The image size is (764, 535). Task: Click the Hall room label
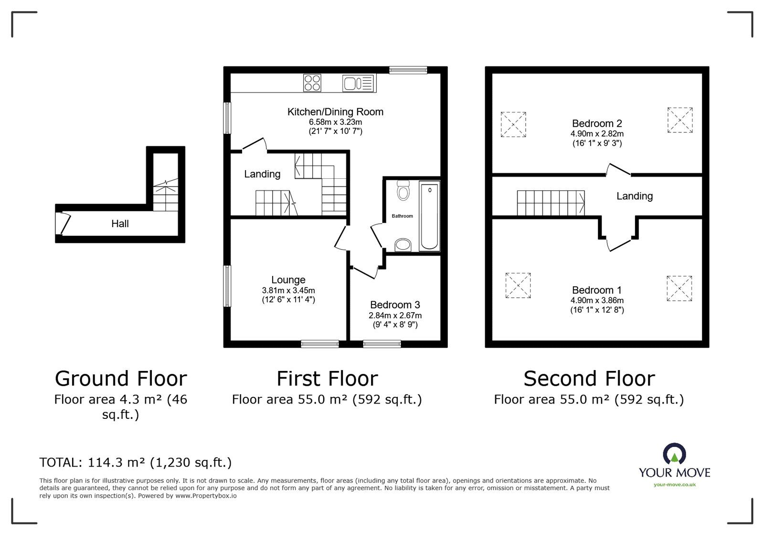click(120, 224)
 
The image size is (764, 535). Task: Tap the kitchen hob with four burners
click(312, 83)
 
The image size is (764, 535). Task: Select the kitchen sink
click(359, 83)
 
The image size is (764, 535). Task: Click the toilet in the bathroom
click(403, 190)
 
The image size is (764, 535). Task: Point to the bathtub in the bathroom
click(429, 216)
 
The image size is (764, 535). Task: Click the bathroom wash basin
click(403, 245)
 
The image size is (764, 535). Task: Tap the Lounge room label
click(288, 280)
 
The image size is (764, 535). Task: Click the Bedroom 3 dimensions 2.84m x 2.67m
click(395, 316)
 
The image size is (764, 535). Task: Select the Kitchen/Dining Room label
click(335, 112)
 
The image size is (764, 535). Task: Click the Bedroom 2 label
click(597, 123)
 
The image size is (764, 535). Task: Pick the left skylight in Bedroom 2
click(513, 125)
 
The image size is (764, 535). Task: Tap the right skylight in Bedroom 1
click(679, 288)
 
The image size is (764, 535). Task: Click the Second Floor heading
click(589, 379)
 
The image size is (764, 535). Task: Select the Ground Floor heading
click(121, 379)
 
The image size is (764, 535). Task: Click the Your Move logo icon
click(674, 454)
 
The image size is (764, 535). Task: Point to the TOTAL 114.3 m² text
click(136, 462)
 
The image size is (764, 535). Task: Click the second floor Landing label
click(635, 196)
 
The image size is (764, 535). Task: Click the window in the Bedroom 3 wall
click(382, 344)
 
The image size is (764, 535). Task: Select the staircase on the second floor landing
click(551, 203)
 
